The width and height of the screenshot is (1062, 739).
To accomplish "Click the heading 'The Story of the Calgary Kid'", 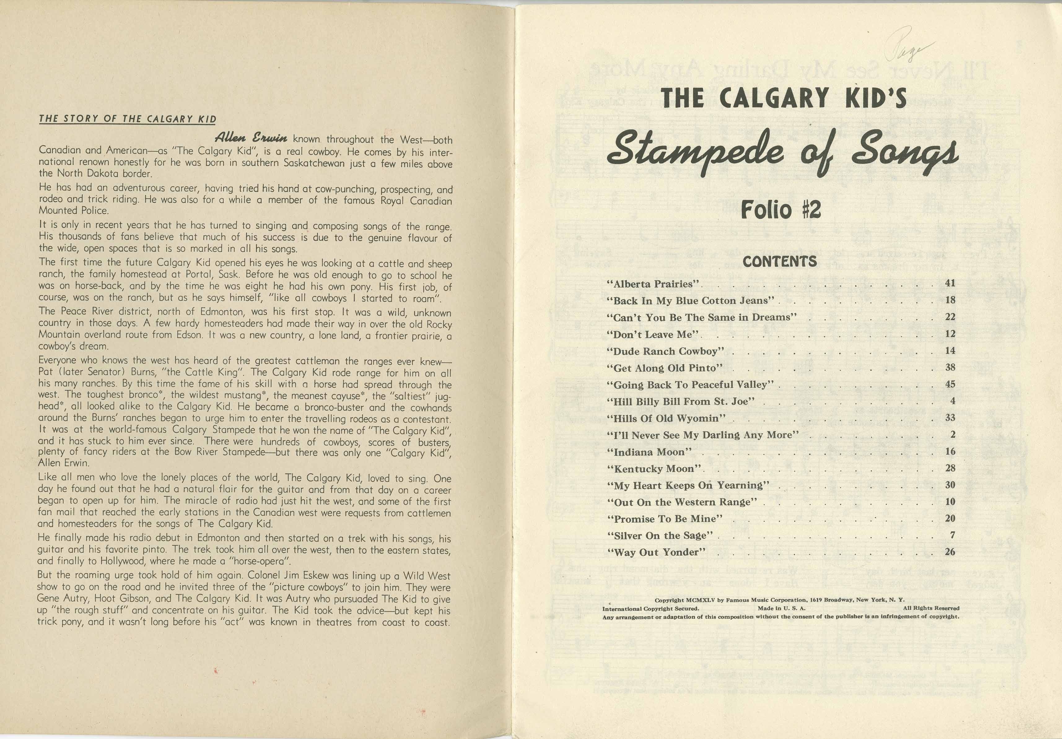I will click(128, 119).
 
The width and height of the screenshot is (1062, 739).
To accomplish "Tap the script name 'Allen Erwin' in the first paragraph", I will click(251, 138).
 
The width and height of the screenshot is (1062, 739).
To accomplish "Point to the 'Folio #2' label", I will click(781, 210).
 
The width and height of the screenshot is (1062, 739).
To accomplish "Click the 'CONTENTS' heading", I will click(780, 262).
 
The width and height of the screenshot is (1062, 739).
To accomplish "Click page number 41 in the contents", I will click(950, 283).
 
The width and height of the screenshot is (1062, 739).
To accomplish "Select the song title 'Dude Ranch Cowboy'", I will click(665, 351).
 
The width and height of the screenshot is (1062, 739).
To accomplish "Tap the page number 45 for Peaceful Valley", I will click(950, 384).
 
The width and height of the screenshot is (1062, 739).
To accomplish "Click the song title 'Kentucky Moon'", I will click(654, 468).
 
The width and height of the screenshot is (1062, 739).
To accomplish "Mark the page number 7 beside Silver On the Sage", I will click(952, 535).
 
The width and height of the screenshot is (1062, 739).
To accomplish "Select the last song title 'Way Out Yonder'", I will click(656, 552).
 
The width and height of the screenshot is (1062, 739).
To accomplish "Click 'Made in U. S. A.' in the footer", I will click(781, 608).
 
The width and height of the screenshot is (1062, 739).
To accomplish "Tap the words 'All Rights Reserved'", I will click(931, 608).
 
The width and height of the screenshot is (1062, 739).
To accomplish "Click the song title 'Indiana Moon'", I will click(649, 452).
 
